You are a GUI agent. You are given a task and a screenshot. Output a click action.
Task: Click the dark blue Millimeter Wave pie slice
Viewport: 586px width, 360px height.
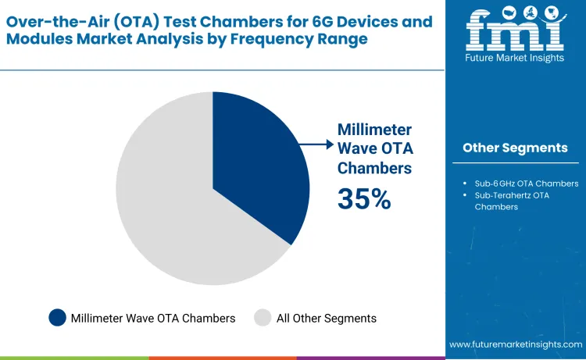pyautogui.click(x=258, y=164)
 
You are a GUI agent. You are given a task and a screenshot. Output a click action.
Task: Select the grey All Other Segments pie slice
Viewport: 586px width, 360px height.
pyautogui.click(x=172, y=211)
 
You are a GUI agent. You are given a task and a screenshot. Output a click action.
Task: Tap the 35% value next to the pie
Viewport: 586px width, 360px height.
pyautogui.click(x=363, y=199)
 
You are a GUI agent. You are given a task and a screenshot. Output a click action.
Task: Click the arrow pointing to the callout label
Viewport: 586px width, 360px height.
pyautogui.click(x=316, y=144)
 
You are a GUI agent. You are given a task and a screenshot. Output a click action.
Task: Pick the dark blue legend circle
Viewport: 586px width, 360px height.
pyautogui.click(x=57, y=318)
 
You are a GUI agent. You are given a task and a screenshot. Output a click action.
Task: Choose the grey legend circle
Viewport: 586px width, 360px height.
pyautogui.click(x=263, y=318)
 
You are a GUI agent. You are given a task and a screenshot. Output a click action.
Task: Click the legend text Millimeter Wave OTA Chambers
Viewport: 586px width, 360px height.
pyautogui.click(x=152, y=318)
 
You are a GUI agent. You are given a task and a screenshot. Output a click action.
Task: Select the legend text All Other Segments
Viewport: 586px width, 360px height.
pyautogui.click(x=327, y=318)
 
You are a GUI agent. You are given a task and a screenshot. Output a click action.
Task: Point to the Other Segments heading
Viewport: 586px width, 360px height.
pyautogui.click(x=515, y=148)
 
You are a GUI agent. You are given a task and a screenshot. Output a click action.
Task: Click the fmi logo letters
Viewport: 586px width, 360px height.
pyautogui.click(x=515, y=30)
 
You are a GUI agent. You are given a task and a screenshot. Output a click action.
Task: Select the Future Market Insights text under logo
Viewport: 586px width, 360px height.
pyautogui.click(x=515, y=58)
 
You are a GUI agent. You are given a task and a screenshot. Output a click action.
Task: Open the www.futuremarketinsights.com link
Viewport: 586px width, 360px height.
pyautogui.click(x=516, y=344)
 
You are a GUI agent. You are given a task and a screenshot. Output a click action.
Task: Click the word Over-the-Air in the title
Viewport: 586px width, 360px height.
pyautogui.click(x=47, y=21)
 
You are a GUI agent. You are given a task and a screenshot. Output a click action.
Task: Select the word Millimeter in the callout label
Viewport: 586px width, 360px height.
pyautogui.click(x=374, y=130)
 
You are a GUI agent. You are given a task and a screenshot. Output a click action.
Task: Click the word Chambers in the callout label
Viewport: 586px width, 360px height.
pyautogui.click(x=374, y=167)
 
